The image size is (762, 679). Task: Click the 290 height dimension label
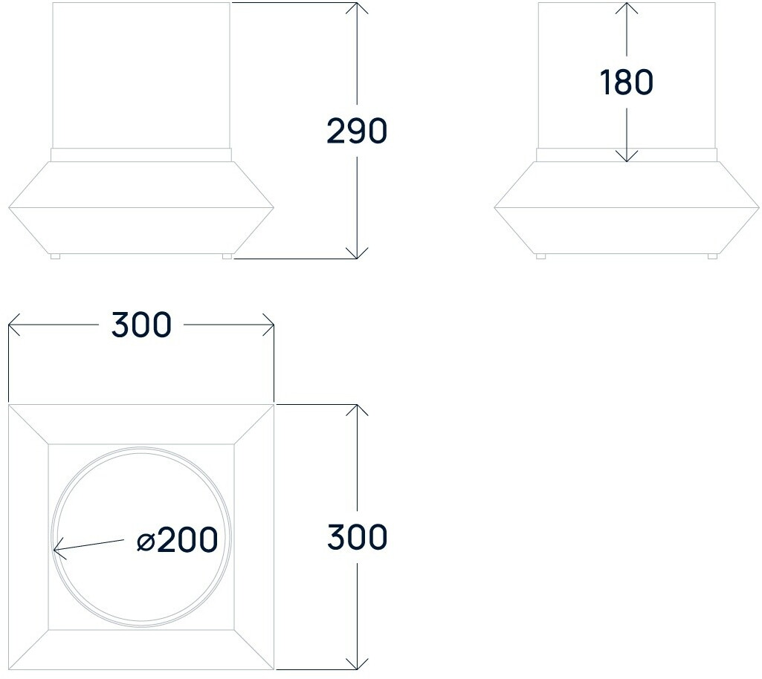pos(357,131)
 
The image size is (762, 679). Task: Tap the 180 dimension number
pos(627,82)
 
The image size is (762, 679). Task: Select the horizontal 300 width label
pos(141,325)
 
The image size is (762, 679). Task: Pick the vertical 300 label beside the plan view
pos(357,537)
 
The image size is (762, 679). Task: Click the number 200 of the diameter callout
pos(187,540)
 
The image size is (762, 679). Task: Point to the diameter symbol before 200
pos(146,542)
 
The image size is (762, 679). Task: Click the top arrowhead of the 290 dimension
pos(358,7)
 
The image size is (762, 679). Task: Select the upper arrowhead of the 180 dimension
pos(627,8)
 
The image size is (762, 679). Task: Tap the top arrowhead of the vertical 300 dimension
pos(358,410)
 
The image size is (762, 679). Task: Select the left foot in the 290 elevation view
pos(55,256)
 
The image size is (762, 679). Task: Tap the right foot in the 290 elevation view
pos(227,256)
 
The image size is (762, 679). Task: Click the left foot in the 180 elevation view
pos(540,256)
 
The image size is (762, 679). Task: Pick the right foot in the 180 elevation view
pos(712,256)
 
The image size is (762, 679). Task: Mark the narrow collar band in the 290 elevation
pos(141,155)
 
